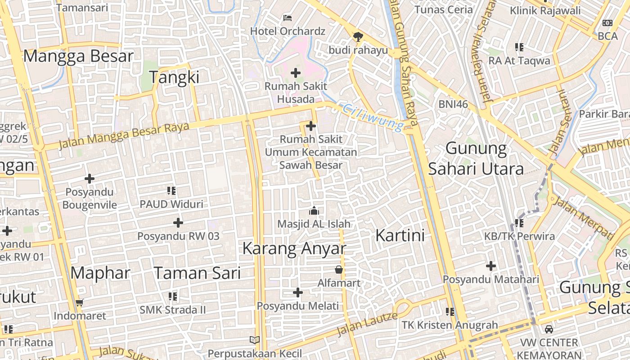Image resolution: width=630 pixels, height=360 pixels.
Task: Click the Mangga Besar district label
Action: coord(78,56)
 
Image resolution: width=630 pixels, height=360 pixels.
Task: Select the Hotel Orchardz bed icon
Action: coord(288,18)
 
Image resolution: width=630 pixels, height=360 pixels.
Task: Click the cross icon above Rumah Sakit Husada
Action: coord(296,72)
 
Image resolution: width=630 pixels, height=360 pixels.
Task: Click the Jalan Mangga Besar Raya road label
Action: coord(124,134)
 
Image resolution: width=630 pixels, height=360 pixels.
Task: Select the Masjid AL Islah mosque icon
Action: coord(314,210)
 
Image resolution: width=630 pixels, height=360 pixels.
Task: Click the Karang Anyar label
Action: coord(294,248)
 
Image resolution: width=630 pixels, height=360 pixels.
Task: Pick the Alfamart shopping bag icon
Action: coord(338,270)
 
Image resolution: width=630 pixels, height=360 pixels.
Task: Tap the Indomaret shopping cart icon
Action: coord(80,303)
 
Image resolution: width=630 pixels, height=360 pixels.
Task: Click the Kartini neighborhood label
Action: coord(400,235)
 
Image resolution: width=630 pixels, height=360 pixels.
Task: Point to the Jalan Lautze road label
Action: coord(368,324)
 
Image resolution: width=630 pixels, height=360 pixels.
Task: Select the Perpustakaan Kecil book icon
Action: coord(255,340)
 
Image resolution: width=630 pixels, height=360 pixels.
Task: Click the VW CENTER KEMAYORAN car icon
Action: coord(549,329)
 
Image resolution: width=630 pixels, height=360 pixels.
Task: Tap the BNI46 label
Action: coord(453,104)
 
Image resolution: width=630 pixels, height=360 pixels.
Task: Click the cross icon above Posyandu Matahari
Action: coord(490,266)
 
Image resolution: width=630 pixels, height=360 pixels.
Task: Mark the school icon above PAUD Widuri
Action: coord(171,191)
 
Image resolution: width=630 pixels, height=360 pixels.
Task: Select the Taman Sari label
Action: coord(197,273)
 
